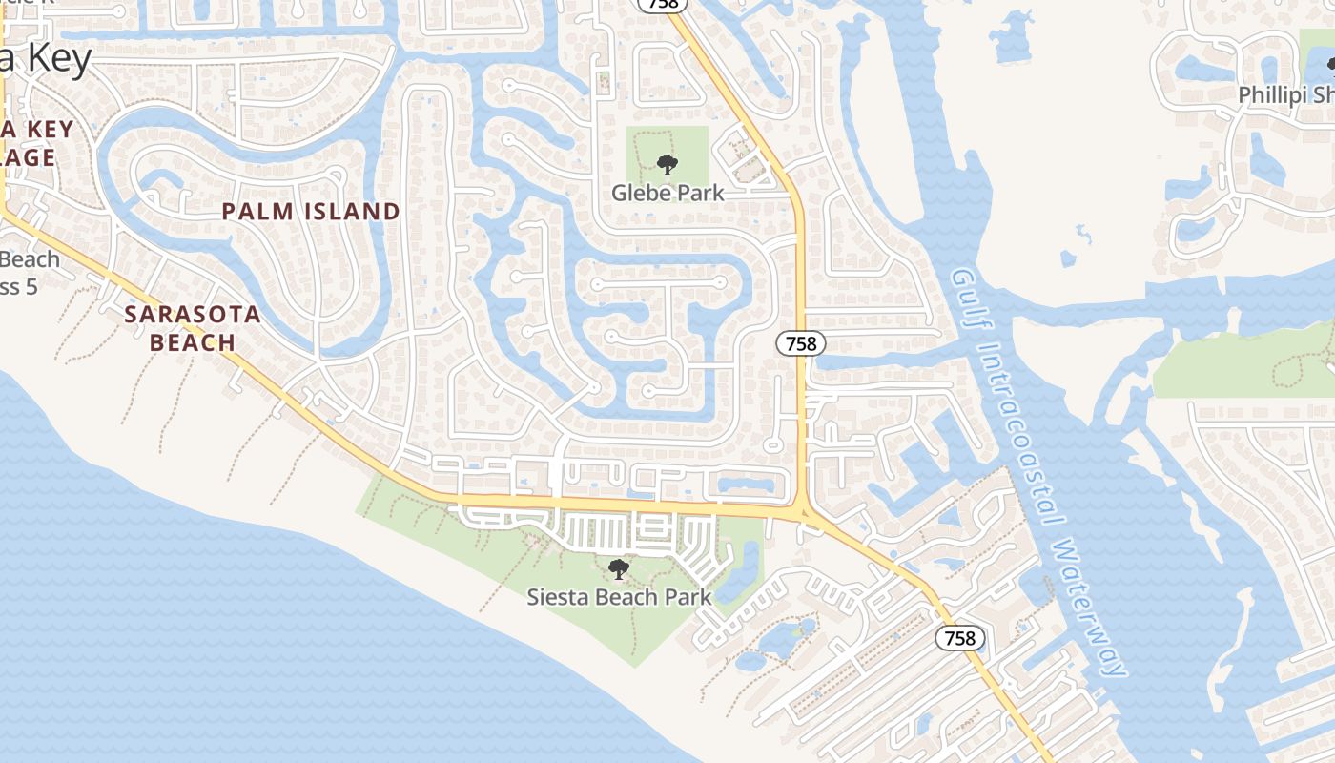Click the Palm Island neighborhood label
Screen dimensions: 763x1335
311,212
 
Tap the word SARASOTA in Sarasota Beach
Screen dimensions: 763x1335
193,315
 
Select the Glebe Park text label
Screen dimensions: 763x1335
667,193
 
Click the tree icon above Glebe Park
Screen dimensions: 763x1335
667,165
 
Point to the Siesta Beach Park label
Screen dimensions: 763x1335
619,598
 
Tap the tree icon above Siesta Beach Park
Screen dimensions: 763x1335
619,570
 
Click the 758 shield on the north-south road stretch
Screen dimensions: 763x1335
800,343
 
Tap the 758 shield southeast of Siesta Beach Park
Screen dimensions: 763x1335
959,638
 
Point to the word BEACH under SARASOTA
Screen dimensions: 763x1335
193,342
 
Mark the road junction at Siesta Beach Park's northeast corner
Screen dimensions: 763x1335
799,512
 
